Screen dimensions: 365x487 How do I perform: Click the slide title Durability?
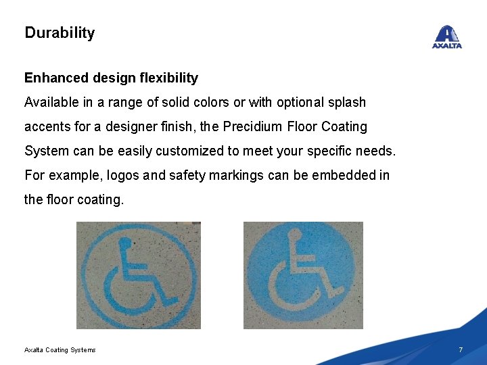[x=60, y=32]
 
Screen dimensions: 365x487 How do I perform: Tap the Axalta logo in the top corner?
[x=447, y=37]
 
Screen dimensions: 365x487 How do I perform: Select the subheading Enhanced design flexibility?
[x=111, y=78]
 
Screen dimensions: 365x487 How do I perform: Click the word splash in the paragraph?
[x=347, y=103]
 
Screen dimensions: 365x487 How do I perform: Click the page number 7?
[x=461, y=349]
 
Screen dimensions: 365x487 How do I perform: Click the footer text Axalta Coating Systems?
[x=60, y=349]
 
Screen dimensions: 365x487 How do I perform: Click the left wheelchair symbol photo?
[x=138, y=276]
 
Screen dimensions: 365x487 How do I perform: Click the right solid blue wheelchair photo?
[x=303, y=276]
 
